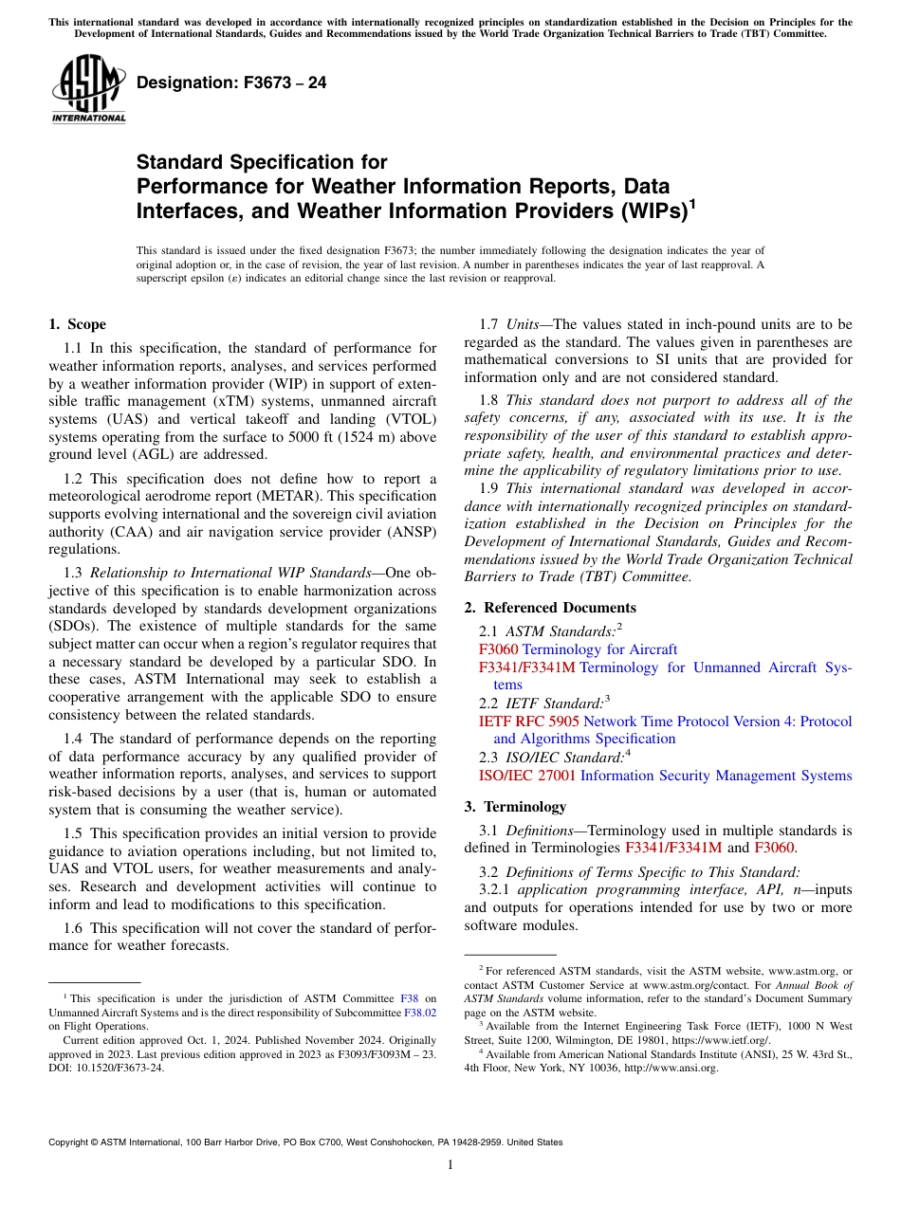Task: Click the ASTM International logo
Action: click(88, 89)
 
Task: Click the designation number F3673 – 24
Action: click(231, 83)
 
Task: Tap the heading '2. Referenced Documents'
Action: click(550, 608)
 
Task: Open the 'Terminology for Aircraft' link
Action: click(599, 649)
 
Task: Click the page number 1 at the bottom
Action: click(450, 1164)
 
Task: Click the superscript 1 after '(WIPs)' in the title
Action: click(691, 201)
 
